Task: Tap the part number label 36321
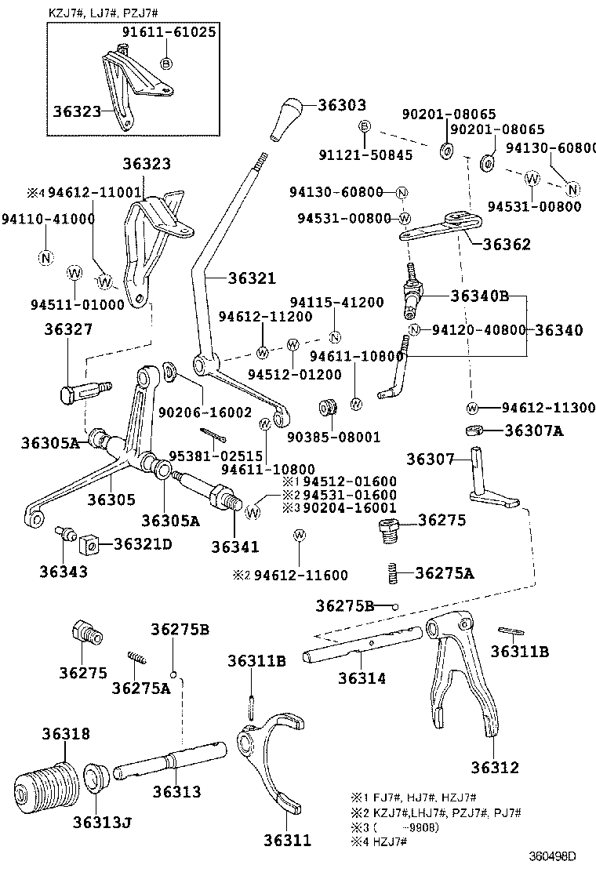point(253,278)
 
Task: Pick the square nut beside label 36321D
point(88,543)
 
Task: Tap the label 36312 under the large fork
point(495,767)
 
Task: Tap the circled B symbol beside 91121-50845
point(364,127)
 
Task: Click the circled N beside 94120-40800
point(414,329)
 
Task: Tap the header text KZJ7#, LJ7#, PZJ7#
point(102,10)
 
